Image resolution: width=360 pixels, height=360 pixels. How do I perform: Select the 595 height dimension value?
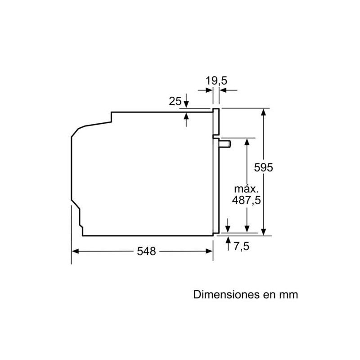pyautogui.click(x=264, y=167)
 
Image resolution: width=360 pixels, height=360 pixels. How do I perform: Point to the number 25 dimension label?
pyautogui.click(x=175, y=101)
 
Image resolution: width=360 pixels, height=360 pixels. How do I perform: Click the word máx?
pyautogui.click(x=247, y=189)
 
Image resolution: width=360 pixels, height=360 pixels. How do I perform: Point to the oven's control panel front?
pyautogui.click(x=216, y=121)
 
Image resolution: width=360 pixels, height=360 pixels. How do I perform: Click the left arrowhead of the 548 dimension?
pyautogui.click(x=75, y=252)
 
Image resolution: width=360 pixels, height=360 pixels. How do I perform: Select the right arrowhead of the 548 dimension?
pyautogui.click(x=209, y=252)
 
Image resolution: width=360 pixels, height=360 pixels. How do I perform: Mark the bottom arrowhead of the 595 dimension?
pyautogui.click(x=264, y=231)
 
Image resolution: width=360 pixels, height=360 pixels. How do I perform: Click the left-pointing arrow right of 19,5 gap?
pyautogui.click(x=224, y=90)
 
